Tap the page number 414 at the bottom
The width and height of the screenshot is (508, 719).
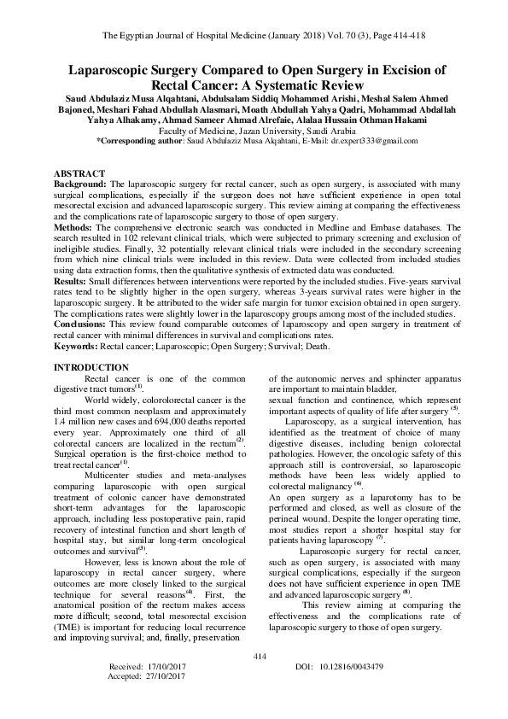pos(254,679)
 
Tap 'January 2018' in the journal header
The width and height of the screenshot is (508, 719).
pos(277,36)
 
